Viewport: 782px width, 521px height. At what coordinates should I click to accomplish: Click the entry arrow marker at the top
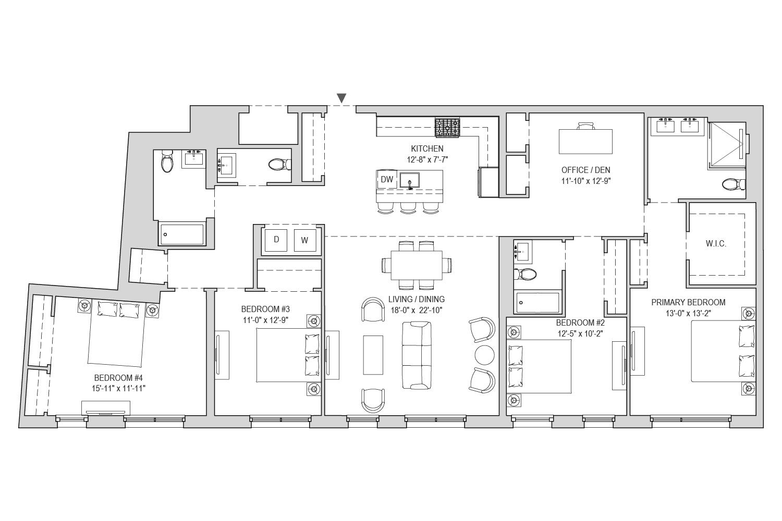pos(341,98)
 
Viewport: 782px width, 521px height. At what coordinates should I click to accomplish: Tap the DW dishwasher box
pos(387,179)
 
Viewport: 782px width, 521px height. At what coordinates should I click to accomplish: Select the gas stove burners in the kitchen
pos(447,128)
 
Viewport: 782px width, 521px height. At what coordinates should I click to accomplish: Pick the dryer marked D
pos(276,240)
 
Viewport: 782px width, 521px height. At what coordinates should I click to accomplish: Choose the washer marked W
pos(305,240)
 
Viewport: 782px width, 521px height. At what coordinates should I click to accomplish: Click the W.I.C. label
pos(716,244)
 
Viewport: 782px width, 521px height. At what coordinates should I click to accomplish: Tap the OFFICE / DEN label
pos(585,170)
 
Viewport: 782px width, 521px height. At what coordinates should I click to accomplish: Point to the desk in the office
pos(585,141)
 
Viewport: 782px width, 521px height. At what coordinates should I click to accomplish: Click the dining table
pos(417,265)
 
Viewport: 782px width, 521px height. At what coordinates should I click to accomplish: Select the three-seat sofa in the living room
pos(417,355)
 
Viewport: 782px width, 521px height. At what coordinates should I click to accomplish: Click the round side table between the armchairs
pos(484,355)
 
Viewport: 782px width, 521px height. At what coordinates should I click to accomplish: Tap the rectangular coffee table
pos(373,355)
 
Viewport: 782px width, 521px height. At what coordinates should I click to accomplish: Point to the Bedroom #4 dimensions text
pos(118,388)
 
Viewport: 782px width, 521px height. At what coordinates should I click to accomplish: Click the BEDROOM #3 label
pos(265,309)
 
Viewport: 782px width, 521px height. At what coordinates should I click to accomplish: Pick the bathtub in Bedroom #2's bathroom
pos(537,302)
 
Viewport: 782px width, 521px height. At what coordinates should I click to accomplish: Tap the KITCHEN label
pos(427,148)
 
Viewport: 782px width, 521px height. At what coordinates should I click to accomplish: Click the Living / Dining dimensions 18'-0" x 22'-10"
pos(417,310)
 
